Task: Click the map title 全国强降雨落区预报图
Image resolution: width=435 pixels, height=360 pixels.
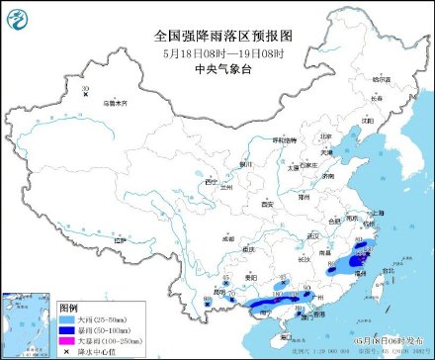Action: (218, 35)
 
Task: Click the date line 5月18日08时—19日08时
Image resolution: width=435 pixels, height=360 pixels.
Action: (218, 51)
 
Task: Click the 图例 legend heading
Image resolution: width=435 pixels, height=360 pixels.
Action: (68, 309)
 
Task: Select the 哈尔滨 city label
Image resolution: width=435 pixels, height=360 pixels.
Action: (382, 78)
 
